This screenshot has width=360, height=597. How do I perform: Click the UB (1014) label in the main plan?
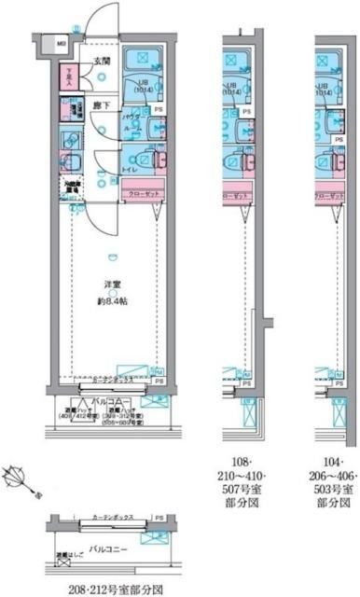144,86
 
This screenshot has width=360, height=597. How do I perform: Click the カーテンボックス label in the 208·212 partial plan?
114,519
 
